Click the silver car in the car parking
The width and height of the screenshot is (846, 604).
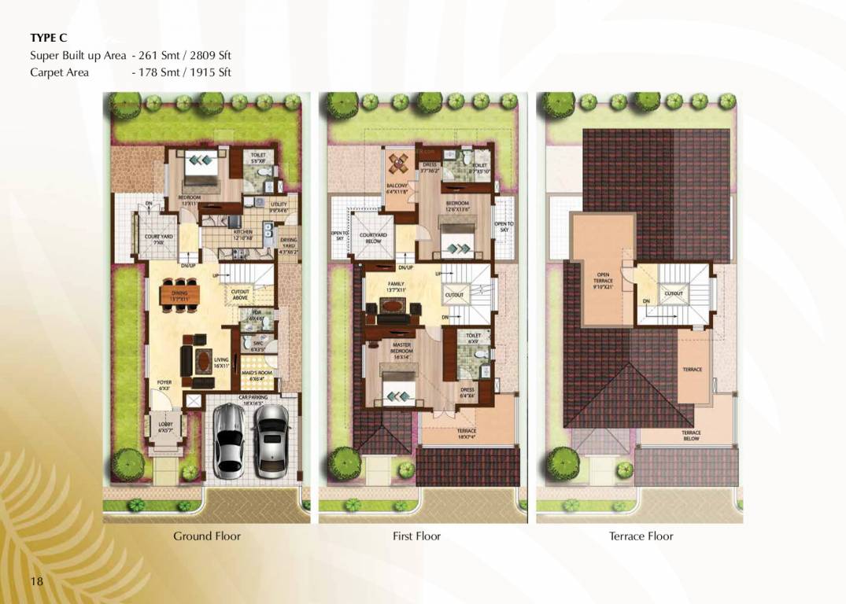pyautogui.click(x=228, y=440)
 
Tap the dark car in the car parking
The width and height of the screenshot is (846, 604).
pyautogui.click(x=271, y=441)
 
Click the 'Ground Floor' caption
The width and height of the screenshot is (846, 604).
pyautogui.click(x=207, y=536)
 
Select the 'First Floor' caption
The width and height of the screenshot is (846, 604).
pyautogui.click(x=416, y=536)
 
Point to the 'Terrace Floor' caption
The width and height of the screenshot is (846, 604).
pyautogui.click(x=641, y=536)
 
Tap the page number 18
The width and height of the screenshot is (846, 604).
pyautogui.click(x=36, y=581)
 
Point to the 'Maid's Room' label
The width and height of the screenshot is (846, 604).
pyautogui.click(x=257, y=374)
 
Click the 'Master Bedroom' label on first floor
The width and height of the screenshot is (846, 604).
pyautogui.click(x=401, y=348)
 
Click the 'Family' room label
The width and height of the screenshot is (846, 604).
pyautogui.click(x=395, y=285)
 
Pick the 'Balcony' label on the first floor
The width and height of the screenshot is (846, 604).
pyautogui.click(x=397, y=188)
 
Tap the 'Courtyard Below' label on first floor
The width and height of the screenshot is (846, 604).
pyautogui.click(x=373, y=238)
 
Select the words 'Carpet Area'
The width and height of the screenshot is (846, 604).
pyautogui.click(x=59, y=72)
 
